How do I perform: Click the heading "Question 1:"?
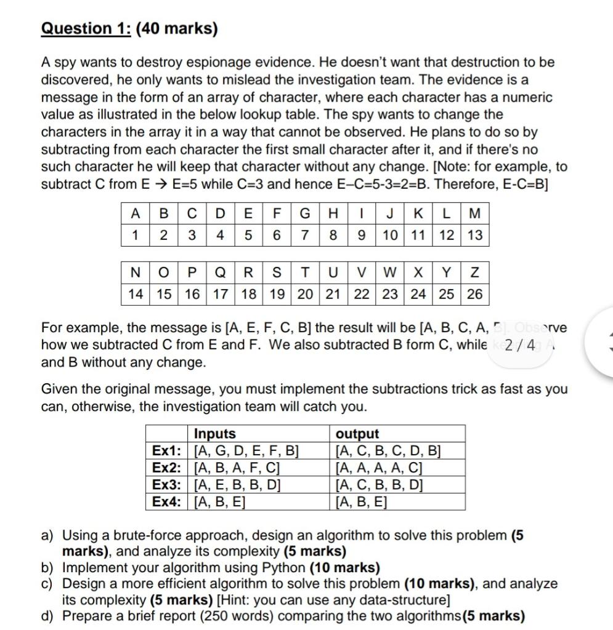pyautogui.click(x=85, y=29)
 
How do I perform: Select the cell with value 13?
pyautogui.click(x=474, y=235)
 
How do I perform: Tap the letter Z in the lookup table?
pyautogui.click(x=474, y=272)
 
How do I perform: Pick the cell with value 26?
pyautogui.click(x=474, y=293)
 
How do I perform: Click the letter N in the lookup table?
pyautogui.click(x=135, y=272)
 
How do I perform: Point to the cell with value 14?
pyautogui.click(x=135, y=293)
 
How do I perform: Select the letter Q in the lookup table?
pyautogui.click(x=220, y=272)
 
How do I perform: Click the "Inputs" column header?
pyautogui.click(x=214, y=434)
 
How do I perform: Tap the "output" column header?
pyautogui.click(x=357, y=434)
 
